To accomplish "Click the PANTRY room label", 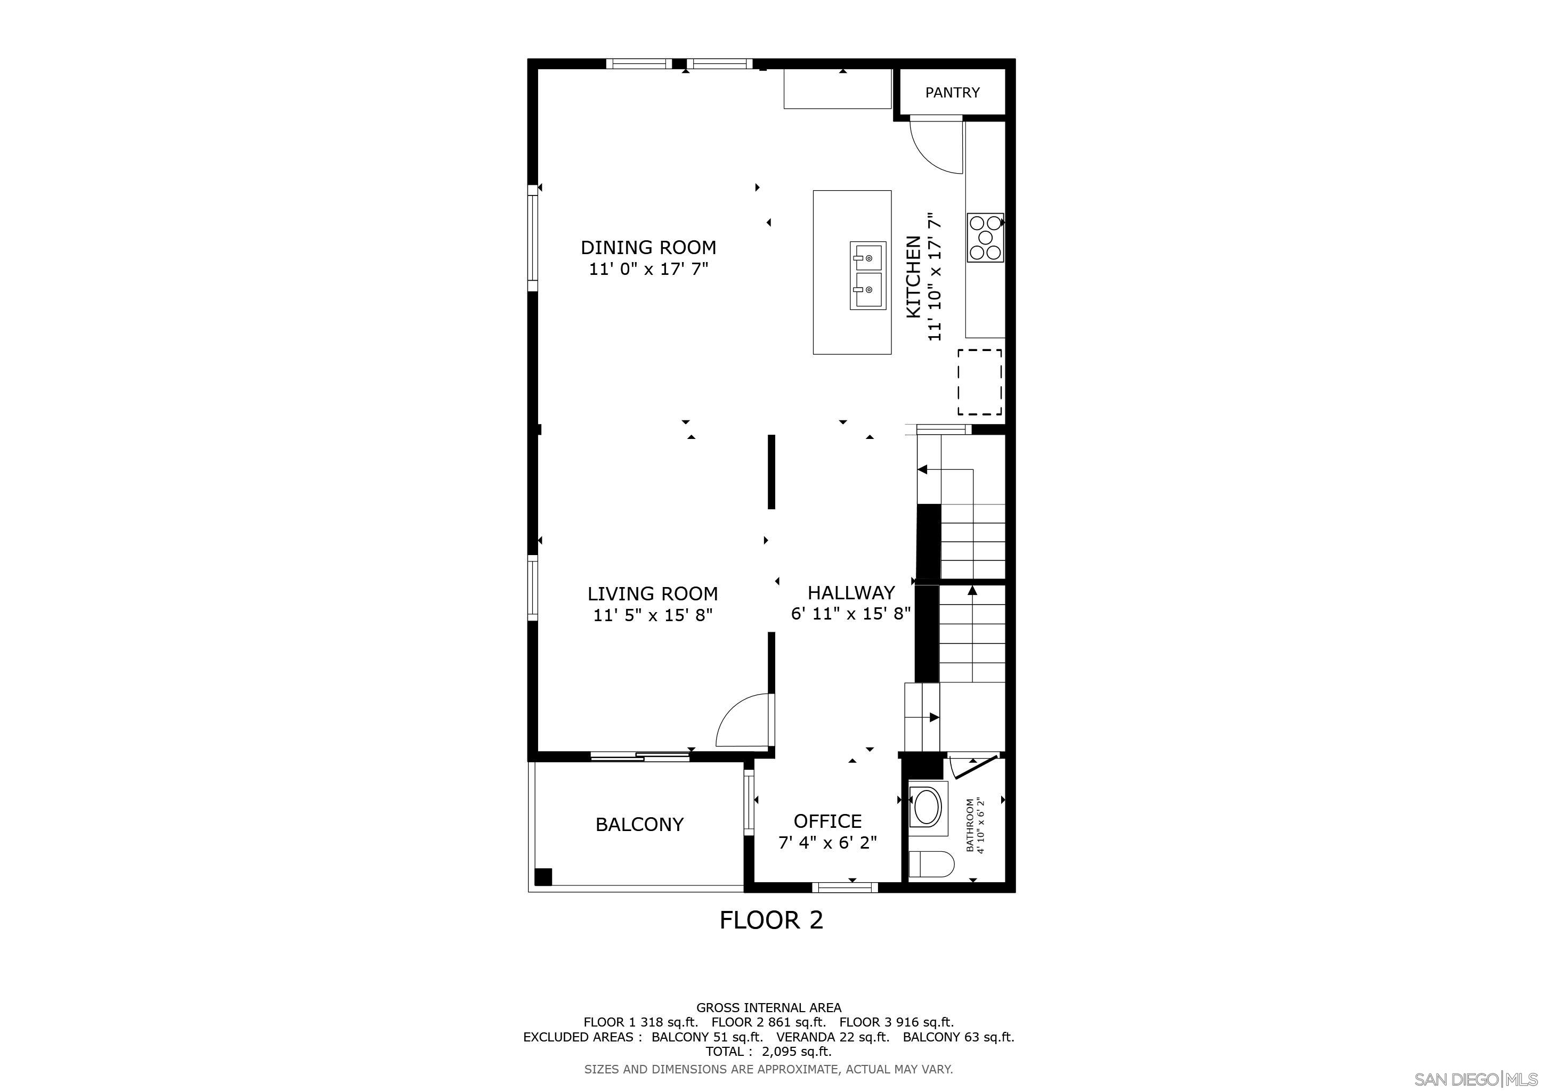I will (x=952, y=93).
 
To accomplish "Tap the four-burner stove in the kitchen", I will (x=985, y=238).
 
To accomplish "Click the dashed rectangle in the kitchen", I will (x=980, y=382).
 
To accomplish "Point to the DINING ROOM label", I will (x=648, y=247).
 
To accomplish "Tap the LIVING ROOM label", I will (x=653, y=594).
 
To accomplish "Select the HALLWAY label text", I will (x=851, y=592).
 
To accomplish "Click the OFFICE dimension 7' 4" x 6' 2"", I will (x=827, y=842).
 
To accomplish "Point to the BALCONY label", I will (x=639, y=824).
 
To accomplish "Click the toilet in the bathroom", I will (x=931, y=864).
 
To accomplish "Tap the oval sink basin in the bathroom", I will (x=928, y=807).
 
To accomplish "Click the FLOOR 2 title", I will (x=771, y=919).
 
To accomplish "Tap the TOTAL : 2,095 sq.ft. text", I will (x=768, y=1052).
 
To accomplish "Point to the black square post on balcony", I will (x=543, y=877).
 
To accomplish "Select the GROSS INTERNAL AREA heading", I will (x=768, y=1008).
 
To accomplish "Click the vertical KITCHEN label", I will (x=913, y=277).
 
